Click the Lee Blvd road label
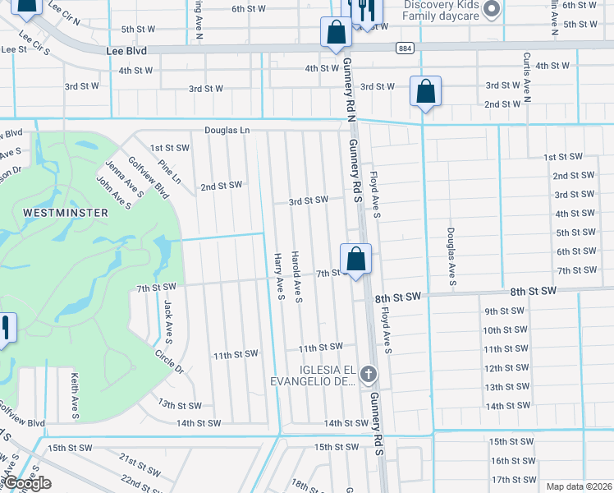tap(126, 51)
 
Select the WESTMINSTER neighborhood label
tap(66, 213)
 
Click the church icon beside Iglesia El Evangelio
tap(369, 375)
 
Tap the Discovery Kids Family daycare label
tap(442, 10)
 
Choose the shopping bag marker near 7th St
tap(356, 260)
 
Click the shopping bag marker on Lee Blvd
tap(336, 34)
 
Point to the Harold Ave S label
tap(299, 276)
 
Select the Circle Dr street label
tap(168, 361)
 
